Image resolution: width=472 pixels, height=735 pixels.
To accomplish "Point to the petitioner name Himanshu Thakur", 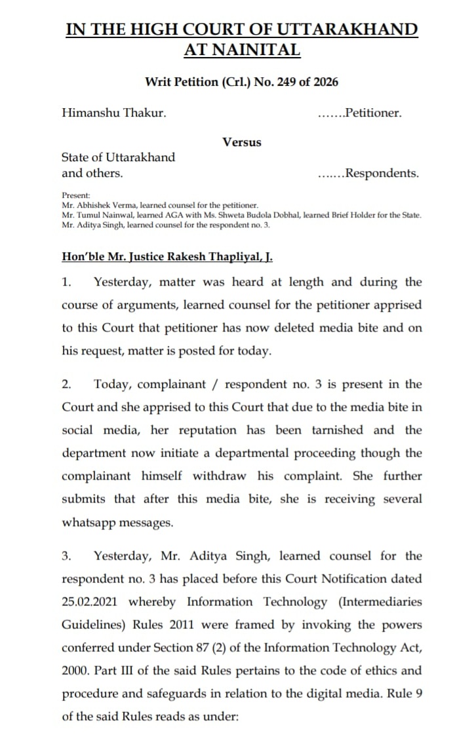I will click(x=113, y=113).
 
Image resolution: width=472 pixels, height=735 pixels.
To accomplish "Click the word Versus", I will click(x=241, y=142).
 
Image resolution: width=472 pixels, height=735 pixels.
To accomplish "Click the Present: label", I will click(x=75, y=195).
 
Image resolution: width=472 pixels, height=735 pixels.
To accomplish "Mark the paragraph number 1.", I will click(x=66, y=282).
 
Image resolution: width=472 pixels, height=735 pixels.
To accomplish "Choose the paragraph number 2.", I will click(x=66, y=385).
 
